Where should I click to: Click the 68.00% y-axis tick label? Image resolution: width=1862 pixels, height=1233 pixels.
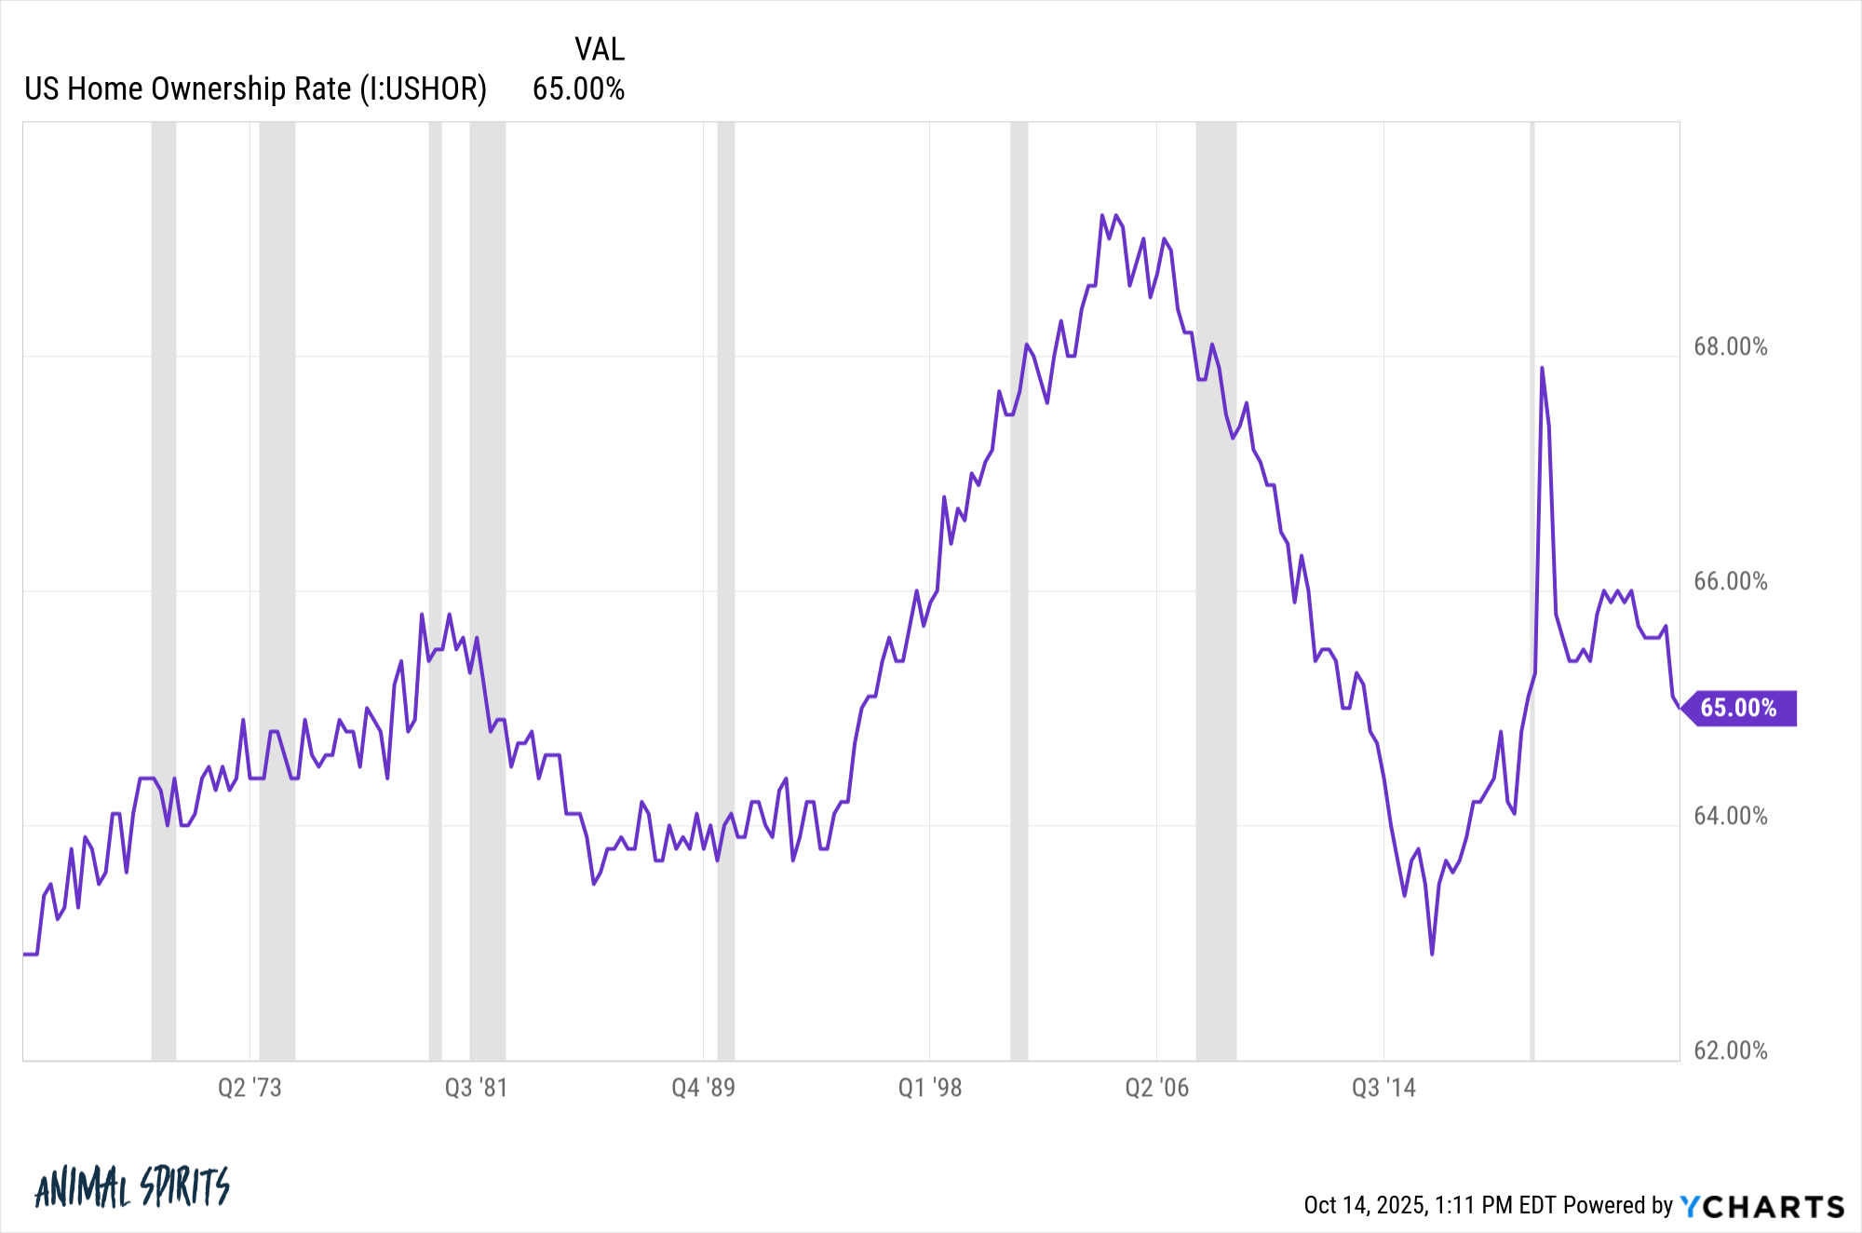click(1730, 347)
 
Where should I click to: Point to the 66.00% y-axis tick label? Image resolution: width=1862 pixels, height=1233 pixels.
click(1730, 582)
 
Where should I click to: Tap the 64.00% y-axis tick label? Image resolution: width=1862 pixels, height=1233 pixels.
click(1730, 817)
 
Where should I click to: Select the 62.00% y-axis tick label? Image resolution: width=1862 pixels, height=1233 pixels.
click(1730, 1051)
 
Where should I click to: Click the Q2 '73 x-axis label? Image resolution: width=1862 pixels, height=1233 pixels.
click(250, 1088)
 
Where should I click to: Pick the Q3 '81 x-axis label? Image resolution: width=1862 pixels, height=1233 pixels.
click(476, 1088)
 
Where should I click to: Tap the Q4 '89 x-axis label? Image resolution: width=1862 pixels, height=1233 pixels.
click(703, 1088)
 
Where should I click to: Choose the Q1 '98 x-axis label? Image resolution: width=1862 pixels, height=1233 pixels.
click(929, 1088)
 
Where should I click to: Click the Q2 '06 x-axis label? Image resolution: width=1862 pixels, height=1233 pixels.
click(1156, 1088)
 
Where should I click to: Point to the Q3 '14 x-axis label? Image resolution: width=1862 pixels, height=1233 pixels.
click(1383, 1088)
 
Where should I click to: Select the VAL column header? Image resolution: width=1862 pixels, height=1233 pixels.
click(600, 49)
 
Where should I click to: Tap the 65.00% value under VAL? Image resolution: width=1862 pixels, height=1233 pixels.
click(578, 89)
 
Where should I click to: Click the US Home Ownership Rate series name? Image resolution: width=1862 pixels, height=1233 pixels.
click(255, 89)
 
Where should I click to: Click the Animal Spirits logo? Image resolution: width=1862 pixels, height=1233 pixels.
click(131, 1187)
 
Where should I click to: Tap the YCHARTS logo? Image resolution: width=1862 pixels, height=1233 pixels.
click(1761, 1207)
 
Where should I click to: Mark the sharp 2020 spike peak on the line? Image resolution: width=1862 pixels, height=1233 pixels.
click(1542, 368)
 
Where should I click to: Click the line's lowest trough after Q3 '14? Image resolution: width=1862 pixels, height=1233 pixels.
click(1432, 954)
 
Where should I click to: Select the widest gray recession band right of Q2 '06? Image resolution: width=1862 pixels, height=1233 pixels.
click(1216, 591)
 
